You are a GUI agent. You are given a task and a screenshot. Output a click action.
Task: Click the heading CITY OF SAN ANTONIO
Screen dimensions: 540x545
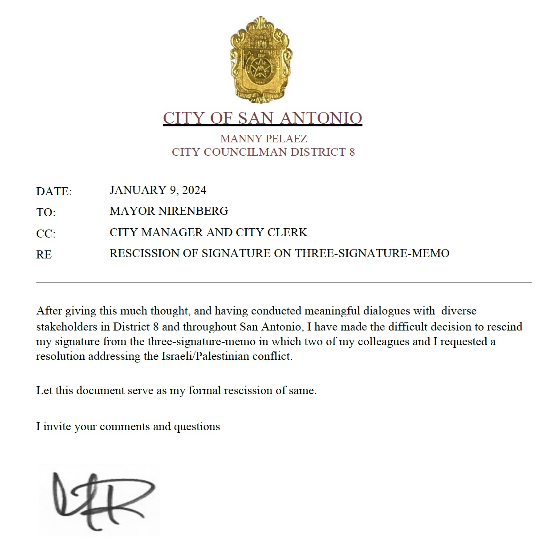coord(262,118)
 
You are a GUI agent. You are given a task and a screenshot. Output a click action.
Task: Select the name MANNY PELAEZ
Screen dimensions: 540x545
coord(264,139)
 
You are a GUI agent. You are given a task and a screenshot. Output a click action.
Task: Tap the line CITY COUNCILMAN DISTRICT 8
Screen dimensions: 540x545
coord(263,152)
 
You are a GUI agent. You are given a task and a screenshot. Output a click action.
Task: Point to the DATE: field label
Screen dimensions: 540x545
coord(54,192)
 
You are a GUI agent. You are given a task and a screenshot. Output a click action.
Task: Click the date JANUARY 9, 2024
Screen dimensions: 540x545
coord(158,190)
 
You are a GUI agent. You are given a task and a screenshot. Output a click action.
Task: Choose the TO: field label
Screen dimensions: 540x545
coord(46,213)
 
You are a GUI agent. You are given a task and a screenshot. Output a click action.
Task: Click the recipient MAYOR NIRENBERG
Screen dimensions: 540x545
coord(169,211)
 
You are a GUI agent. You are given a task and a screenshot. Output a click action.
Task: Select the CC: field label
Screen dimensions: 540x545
coord(46,234)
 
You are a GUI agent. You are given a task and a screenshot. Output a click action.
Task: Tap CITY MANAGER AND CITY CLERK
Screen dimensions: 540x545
coord(208,232)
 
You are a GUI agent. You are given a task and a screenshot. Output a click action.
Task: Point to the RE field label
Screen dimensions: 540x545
coord(44,254)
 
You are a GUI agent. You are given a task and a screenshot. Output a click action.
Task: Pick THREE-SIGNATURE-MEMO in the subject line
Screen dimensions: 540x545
coord(372,254)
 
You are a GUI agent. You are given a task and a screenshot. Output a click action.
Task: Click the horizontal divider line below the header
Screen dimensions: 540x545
coord(284,282)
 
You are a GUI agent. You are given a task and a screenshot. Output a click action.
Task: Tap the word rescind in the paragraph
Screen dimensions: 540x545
coord(504,327)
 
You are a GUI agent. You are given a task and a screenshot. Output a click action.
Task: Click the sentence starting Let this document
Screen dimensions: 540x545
coord(176,391)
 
